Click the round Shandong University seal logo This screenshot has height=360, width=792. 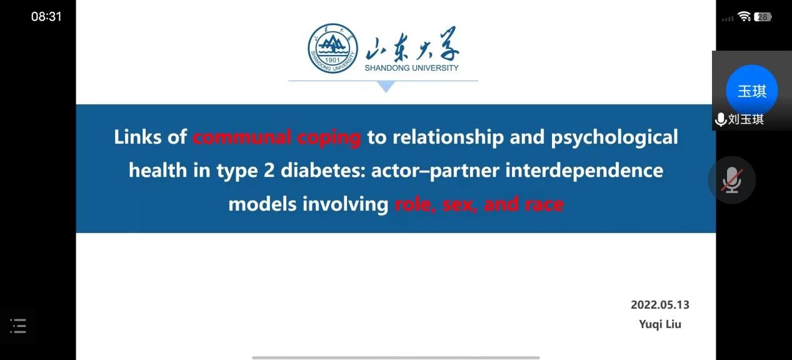333,49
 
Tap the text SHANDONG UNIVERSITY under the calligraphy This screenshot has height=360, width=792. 411,67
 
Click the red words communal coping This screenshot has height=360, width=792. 277,137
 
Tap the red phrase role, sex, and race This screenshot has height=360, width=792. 479,204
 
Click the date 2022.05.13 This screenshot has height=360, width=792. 659,305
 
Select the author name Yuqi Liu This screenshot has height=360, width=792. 660,324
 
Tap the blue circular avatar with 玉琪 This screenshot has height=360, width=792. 751,91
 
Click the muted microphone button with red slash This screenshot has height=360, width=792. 731,180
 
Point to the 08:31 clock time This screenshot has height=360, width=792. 47,17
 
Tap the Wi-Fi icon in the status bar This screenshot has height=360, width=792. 744,17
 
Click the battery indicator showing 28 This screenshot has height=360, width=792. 763,17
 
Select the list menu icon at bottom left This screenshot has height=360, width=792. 18,326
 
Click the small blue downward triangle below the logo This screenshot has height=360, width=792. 386,87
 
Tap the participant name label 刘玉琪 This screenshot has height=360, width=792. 746,119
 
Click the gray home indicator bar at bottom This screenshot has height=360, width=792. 396,357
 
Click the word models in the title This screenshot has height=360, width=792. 264,204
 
